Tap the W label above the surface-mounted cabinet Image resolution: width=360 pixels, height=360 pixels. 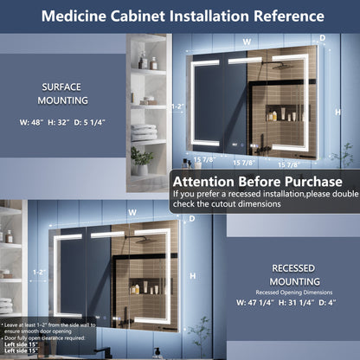click(x=247, y=41)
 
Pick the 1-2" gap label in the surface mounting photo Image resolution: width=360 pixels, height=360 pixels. click(x=177, y=106)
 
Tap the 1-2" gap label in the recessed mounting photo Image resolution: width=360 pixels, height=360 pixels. click(x=38, y=271)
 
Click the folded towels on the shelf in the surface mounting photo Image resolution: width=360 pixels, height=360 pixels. click(x=144, y=132)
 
